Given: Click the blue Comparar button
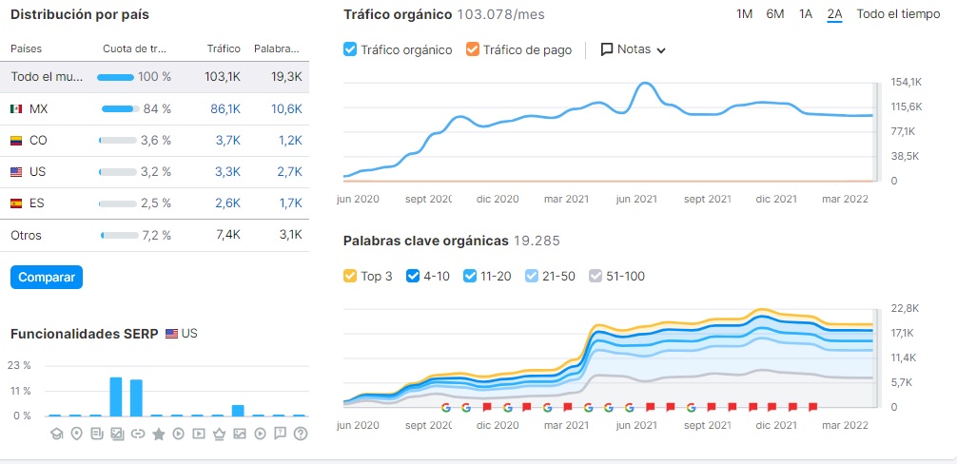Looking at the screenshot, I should pos(47,277).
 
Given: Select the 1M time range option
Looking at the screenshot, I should pos(745,14).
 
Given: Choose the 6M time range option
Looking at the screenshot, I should pos(775,14).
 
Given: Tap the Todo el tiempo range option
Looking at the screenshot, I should pos(898,14).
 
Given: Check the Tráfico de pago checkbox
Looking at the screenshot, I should pos(473,49).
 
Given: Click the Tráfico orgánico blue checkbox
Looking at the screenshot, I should pos(350,49).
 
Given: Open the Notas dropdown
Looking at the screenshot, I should pos(634,49).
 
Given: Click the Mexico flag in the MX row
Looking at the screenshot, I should pos(16,109).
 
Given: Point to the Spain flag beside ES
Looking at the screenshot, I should pos(16,203).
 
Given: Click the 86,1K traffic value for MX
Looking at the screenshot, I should pos(225,109).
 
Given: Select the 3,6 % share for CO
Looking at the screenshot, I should pos(155,141).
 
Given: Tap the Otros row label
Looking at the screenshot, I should pos(27,235).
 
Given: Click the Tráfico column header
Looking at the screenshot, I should pos(224,48).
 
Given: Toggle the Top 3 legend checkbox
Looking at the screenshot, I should pos(350,276).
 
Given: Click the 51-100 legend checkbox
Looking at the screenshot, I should pos(596,276).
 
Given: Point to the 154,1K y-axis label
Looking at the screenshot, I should pos(907,82).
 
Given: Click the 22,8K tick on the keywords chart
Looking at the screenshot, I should pos(907,308).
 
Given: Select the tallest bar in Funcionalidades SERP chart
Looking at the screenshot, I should pos(116,396).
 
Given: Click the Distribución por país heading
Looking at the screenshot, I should pos(80,15).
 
